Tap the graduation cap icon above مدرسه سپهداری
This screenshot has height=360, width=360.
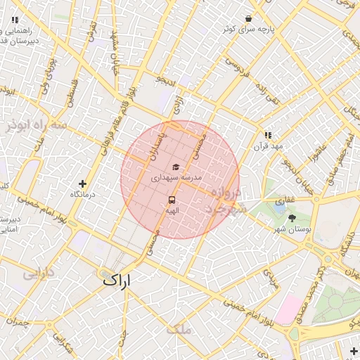click(x=176, y=167)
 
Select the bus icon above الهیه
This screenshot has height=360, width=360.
click(x=172, y=199)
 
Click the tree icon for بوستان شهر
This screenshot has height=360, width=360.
click(x=292, y=218)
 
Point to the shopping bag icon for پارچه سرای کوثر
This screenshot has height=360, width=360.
click(x=248, y=19)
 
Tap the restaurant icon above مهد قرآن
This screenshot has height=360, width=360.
click(x=268, y=134)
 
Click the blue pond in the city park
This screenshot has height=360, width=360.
click(x=281, y=207)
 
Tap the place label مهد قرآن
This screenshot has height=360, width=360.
click(x=269, y=146)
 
